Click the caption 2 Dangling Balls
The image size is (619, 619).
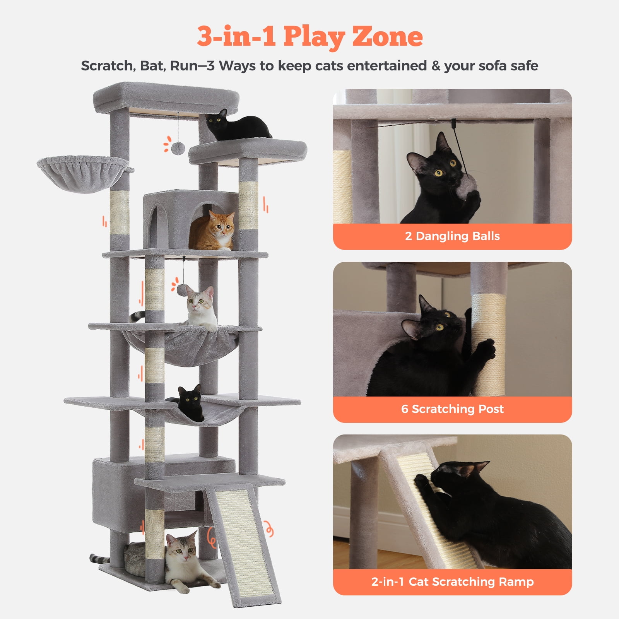click(x=452, y=236)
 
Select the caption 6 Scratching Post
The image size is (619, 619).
click(x=452, y=409)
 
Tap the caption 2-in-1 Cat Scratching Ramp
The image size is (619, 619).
click(x=452, y=581)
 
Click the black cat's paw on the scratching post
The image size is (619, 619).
click(x=487, y=347)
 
